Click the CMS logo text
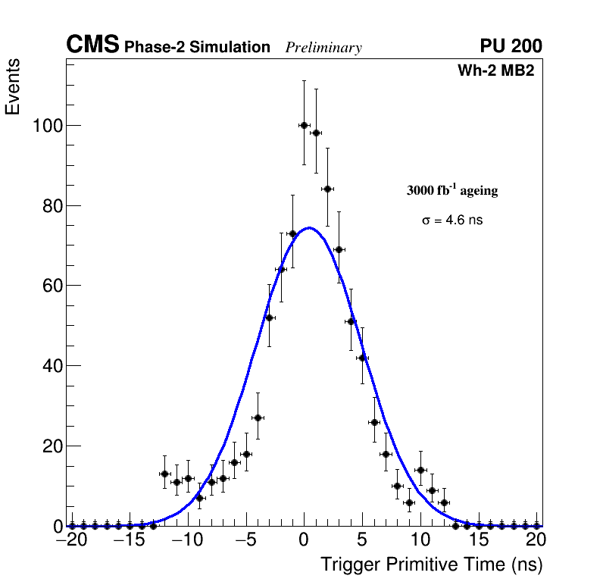92,45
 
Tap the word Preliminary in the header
323,48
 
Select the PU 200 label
511,46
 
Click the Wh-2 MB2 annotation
496,71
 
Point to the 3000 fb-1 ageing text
452,190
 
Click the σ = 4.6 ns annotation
452,221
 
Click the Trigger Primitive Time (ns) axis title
431,565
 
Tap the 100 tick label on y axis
47,125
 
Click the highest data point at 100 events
304,125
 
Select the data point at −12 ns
164,474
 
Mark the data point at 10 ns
420,470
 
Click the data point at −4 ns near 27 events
258,418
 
